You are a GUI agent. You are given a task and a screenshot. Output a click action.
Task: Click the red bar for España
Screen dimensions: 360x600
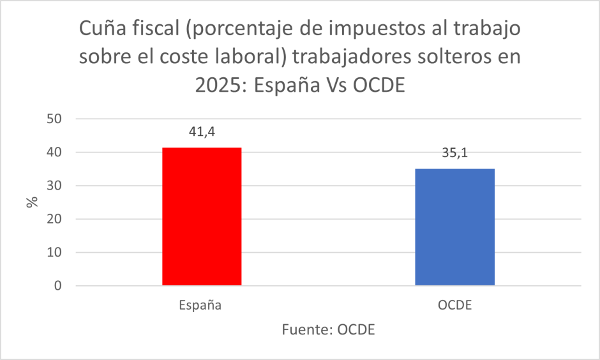coord(202,216)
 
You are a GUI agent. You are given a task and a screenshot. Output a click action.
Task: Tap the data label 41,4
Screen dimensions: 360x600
coord(202,131)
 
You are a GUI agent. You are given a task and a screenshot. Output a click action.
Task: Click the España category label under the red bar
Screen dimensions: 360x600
coord(200,305)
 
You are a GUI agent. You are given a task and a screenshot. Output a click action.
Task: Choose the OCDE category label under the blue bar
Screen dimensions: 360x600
coord(454,305)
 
